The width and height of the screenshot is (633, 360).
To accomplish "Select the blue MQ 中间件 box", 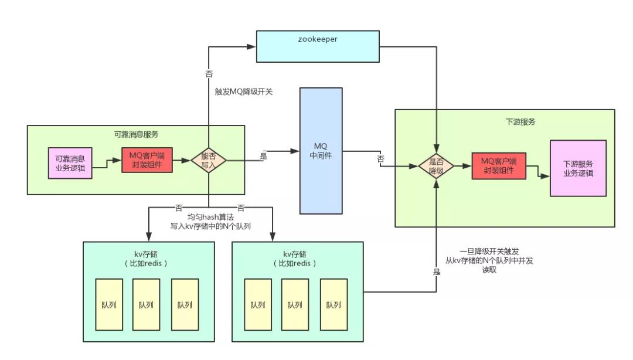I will tap(321, 151).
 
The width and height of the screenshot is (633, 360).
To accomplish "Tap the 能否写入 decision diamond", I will tap(209, 160).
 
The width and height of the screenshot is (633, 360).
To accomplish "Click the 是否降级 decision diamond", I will tap(436, 166).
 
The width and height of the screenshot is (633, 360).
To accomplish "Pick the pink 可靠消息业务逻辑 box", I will tap(70, 162).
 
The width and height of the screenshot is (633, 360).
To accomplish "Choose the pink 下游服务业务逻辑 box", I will tap(578, 168).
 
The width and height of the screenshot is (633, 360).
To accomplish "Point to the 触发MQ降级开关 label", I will tap(244, 92).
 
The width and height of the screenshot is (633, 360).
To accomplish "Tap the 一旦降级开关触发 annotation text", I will tap(489, 251).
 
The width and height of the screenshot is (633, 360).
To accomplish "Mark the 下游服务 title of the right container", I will tap(520, 123).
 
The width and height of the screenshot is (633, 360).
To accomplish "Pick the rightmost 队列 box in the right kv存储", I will tap(333, 305).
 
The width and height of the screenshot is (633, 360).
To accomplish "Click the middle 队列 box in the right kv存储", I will tap(295, 305).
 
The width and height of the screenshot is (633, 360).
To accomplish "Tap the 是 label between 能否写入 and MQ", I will tap(263, 157).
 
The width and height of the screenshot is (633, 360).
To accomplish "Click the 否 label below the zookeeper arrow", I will tap(209, 74).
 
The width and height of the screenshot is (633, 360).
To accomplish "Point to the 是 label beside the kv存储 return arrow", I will tap(436, 272).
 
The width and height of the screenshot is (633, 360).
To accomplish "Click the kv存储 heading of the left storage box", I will tap(145, 254).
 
